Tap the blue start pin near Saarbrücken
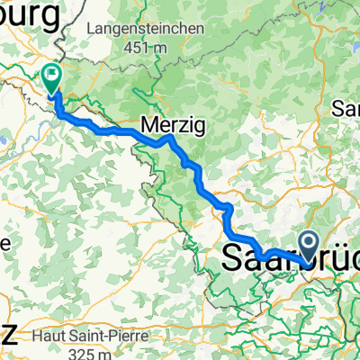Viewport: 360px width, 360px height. pyautogui.click(x=308, y=244)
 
